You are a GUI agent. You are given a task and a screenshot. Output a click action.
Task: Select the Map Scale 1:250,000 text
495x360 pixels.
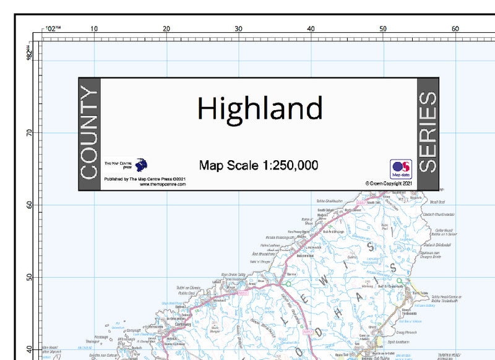click(x=259, y=165)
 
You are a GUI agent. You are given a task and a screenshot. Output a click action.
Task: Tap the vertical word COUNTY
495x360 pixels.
click(x=89, y=134)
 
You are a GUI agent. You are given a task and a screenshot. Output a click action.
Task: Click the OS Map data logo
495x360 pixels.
click(x=400, y=169)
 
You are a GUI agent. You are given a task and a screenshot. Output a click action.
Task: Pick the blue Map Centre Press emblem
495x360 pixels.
click(x=141, y=165)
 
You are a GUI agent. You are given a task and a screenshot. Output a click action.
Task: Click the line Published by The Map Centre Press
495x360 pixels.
click(x=145, y=179)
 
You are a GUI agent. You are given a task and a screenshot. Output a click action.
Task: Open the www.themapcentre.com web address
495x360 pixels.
click(x=163, y=184)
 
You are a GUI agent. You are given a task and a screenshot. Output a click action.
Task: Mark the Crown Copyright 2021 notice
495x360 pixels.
click(x=389, y=184)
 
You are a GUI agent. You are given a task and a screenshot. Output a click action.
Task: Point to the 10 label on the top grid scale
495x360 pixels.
click(x=94, y=29)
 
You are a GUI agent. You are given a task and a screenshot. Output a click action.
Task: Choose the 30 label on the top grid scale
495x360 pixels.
click(x=238, y=29)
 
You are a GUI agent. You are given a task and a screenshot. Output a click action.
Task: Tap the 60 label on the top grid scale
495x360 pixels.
click(x=455, y=29)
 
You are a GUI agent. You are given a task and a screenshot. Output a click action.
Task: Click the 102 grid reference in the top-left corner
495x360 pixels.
click(x=53, y=29)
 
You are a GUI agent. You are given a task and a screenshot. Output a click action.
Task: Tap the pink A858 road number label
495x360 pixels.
click(x=243, y=293)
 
